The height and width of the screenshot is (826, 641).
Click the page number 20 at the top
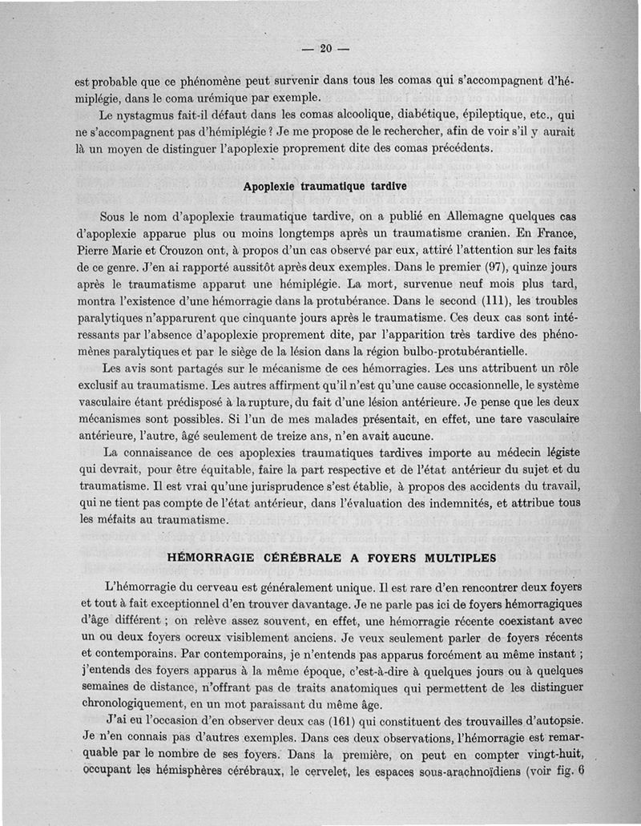pyautogui.click(x=325, y=48)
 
